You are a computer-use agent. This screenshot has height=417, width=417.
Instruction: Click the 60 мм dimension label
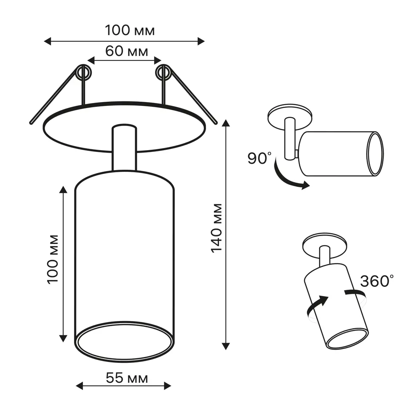pos(127,51)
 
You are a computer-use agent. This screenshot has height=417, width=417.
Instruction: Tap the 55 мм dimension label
pos(127,378)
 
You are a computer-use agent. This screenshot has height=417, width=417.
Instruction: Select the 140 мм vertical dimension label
pos(217,228)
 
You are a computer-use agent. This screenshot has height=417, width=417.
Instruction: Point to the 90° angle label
pos(260,158)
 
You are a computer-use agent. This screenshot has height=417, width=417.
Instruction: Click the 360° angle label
pos(377,281)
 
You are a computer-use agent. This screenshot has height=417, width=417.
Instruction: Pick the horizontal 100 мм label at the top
pos(130,30)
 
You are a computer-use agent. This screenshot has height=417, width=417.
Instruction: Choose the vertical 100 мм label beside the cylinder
pos(53,259)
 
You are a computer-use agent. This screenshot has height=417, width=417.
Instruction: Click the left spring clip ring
pos(83,72)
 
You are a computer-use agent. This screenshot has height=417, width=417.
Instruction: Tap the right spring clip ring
pos(164,72)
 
